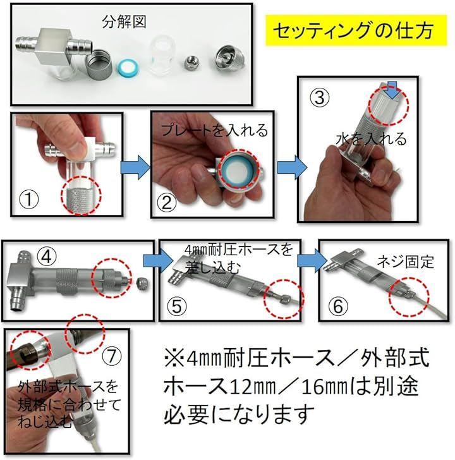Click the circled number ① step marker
tap(28, 200)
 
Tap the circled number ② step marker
tap(167, 202)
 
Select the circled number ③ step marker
tap(320, 98)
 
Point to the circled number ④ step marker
tap(47, 257)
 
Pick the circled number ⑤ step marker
tap(176, 306)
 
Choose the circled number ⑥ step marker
tap(338, 306)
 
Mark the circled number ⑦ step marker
tap(112, 356)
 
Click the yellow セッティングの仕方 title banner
tap(356, 30)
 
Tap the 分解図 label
tap(124, 21)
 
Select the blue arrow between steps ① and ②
tap(135, 168)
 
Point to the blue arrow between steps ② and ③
tap(291, 168)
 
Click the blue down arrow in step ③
tap(392, 90)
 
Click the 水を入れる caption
tap(372, 139)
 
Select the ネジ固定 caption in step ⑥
tap(406, 262)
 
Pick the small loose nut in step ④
tap(142, 284)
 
